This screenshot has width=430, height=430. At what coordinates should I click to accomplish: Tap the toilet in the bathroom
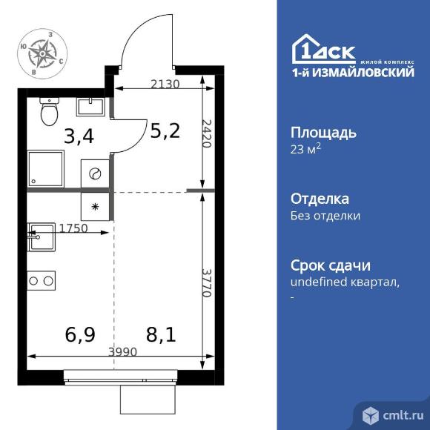coord(50,112)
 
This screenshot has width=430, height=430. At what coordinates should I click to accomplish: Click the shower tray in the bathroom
coord(45,169)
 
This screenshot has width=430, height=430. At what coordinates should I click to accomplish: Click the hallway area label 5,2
coord(165,131)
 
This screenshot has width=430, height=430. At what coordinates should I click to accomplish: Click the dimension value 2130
coord(164,83)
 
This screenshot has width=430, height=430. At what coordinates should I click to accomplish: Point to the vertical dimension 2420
coord(207,133)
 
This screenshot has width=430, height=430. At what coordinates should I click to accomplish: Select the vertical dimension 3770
coord(207,282)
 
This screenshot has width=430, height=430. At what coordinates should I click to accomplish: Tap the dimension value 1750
coord(73,228)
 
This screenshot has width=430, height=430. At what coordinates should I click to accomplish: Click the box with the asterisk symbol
coord(95,207)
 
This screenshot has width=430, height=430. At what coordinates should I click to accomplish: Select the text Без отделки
coord(325,216)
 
